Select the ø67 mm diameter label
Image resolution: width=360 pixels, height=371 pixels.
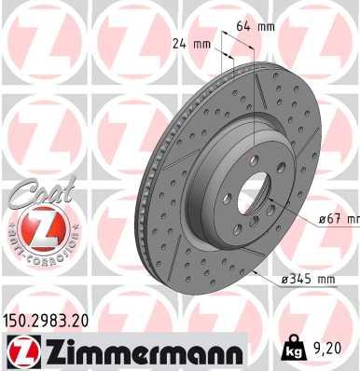(337, 220)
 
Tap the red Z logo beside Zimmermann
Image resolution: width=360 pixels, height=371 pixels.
(21, 351)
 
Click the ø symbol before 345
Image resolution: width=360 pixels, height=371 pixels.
(282, 280)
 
